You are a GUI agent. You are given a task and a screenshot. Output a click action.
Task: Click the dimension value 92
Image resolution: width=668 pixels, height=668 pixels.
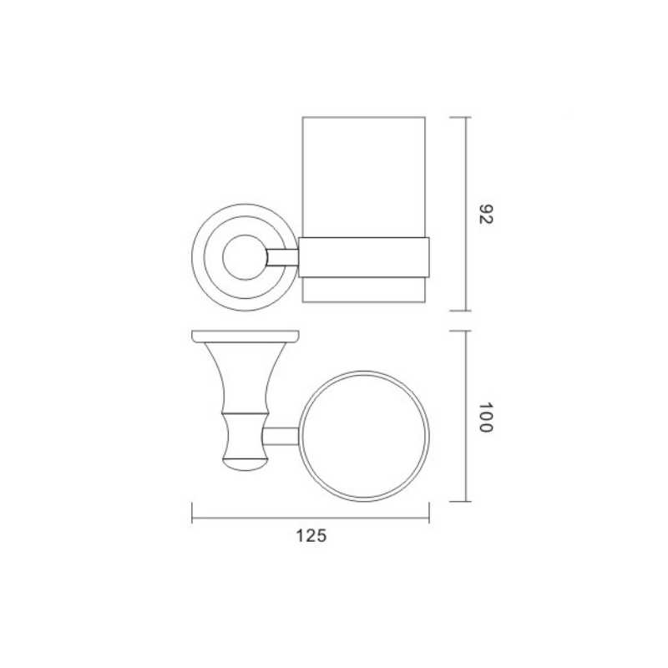[486, 215]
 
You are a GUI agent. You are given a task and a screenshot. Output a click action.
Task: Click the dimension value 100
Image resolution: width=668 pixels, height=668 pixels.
[486, 417]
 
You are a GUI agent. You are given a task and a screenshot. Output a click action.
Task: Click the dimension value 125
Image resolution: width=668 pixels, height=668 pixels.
[311, 536]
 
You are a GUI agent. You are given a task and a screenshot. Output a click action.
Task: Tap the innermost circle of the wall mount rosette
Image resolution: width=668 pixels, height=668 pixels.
[245, 257]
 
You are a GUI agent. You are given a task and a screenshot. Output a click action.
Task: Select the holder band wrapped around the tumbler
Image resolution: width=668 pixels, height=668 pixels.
[364, 257]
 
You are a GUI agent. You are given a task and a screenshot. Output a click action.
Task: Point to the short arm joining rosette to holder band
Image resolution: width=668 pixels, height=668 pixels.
[282, 257]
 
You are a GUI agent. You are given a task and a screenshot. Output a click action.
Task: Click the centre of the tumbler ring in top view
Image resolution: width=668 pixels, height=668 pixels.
[364, 436]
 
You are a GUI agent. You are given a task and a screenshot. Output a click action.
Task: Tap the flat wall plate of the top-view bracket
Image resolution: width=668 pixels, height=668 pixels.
[245, 337]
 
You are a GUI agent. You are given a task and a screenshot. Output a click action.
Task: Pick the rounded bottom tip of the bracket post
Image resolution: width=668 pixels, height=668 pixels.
[245, 464]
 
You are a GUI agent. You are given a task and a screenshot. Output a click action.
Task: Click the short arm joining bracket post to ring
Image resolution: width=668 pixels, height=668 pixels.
[281, 436]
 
